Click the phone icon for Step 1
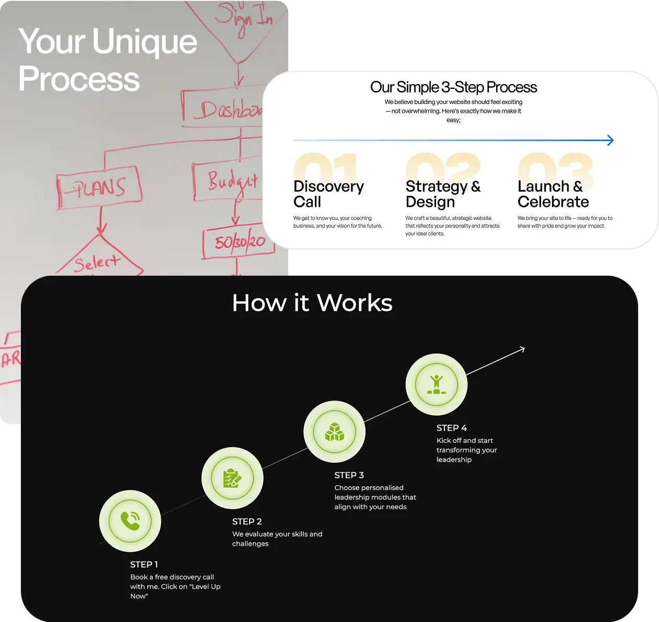pos(130,521)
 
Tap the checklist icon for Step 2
pos(232,478)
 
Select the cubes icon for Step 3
pos(334,432)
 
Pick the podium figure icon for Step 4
pos(436,385)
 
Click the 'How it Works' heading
pos(312,303)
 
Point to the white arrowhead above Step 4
pos(520,349)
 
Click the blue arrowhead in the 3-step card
pos(610,140)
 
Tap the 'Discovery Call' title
pos(328,194)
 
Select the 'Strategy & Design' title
pos(443,194)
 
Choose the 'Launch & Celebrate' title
pos(553,194)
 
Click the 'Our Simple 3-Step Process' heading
pos(453,87)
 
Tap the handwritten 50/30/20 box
pos(239,242)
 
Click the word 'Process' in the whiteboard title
pos(79,79)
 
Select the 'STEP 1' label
pos(144,565)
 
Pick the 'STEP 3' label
pos(349,475)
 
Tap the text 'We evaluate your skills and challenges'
pos(277,538)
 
